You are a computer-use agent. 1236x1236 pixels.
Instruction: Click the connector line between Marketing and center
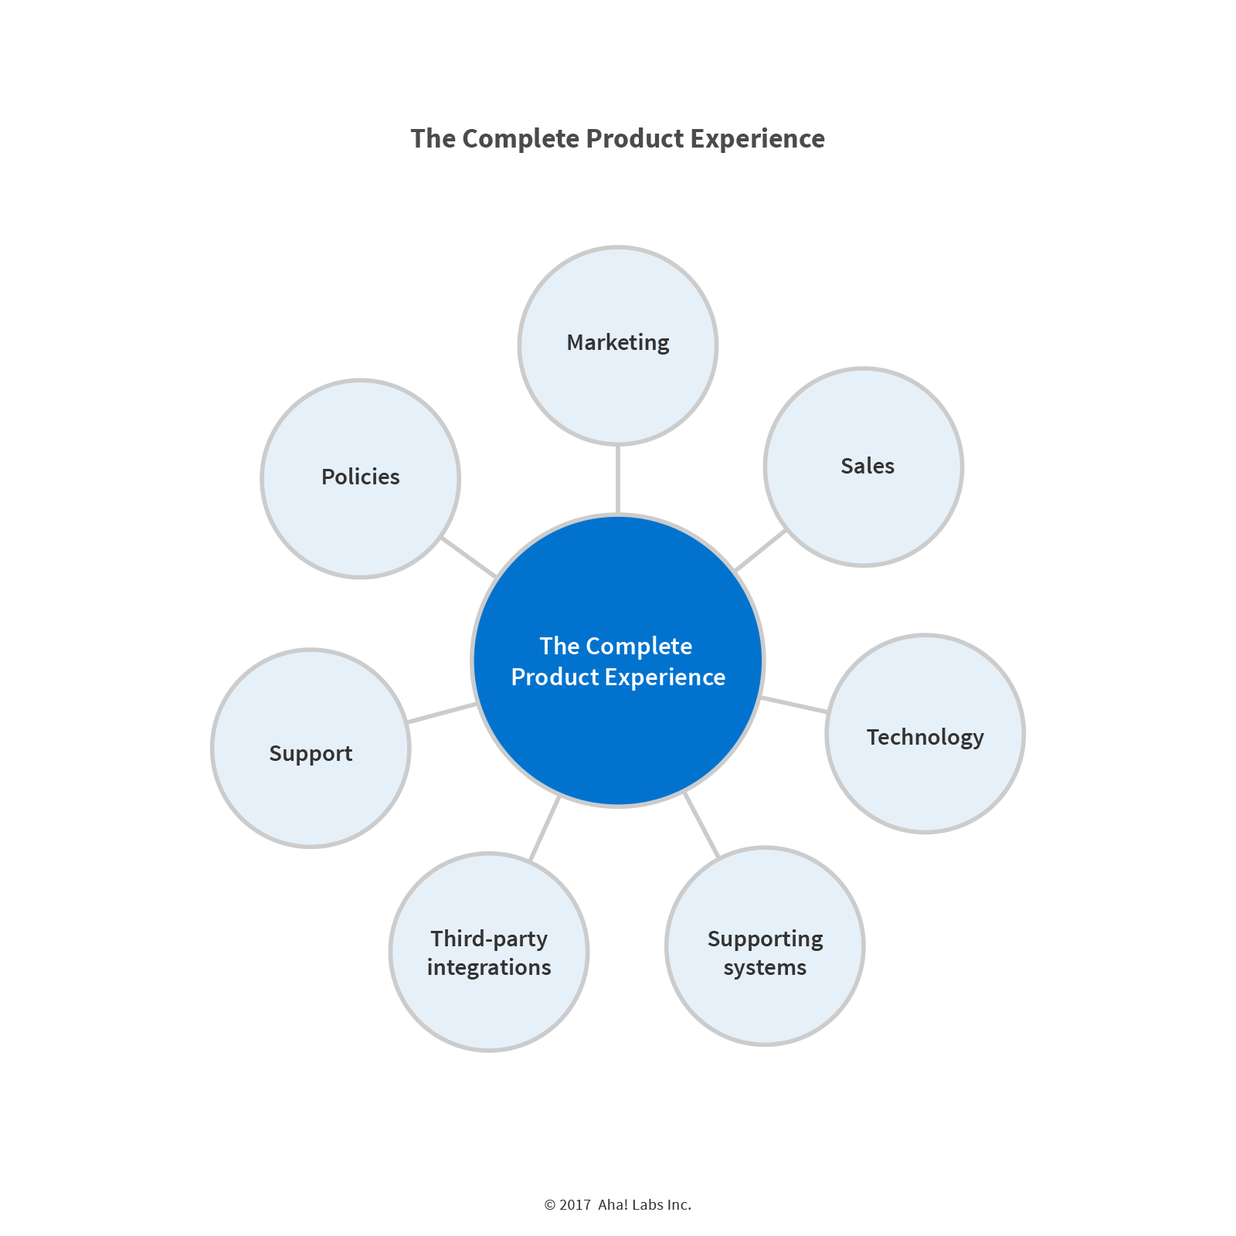click(x=618, y=479)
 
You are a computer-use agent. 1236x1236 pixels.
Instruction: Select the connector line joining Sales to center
click(x=760, y=550)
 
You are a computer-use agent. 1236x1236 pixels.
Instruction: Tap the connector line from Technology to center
click(x=794, y=705)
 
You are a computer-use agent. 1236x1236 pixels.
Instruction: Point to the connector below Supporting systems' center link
click(x=701, y=825)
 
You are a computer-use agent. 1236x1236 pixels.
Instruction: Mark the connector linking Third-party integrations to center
click(x=545, y=828)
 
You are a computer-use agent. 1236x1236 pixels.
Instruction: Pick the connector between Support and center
click(x=441, y=713)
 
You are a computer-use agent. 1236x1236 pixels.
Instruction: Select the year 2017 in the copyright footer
click(x=576, y=1205)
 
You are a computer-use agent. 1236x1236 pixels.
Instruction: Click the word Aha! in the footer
click(x=613, y=1205)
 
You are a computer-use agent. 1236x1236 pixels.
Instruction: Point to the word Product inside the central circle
click(x=555, y=677)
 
